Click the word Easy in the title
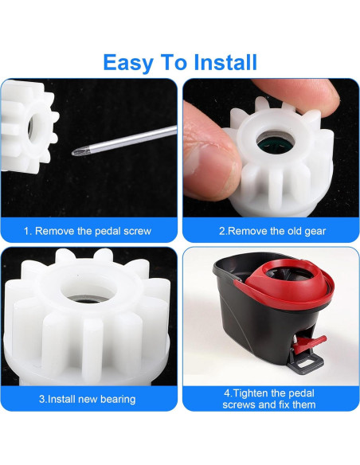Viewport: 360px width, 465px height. (130, 62)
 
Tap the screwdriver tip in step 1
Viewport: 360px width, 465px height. (77, 154)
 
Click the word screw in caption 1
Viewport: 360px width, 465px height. (135, 231)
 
